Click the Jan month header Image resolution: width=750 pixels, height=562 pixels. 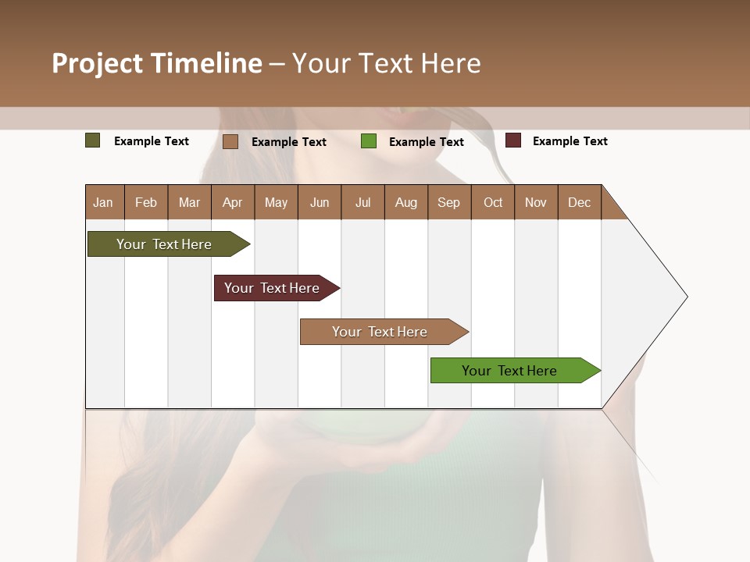click(x=103, y=202)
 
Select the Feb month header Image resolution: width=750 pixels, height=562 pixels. click(x=146, y=202)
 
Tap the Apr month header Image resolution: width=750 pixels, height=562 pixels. click(x=232, y=202)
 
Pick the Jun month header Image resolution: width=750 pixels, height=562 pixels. click(x=320, y=202)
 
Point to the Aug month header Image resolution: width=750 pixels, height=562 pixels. click(x=405, y=202)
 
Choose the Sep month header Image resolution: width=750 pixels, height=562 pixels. click(x=448, y=202)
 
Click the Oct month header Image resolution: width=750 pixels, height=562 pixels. click(x=493, y=202)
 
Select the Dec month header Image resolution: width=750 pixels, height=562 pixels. click(x=579, y=202)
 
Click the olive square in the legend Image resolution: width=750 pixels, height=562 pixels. click(x=93, y=140)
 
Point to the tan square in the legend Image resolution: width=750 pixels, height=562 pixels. click(x=230, y=141)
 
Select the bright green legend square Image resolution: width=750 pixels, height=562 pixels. click(x=369, y=141)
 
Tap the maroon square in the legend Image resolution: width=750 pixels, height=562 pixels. click(x=513, y=140)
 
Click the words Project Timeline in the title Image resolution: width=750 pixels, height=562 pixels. click(x=157, y=63)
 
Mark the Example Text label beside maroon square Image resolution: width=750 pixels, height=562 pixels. click(x=570, y=141)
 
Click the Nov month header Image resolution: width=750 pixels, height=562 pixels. click(x=536, y=202)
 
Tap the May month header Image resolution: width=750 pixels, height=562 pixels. click(x=276, y=202)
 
